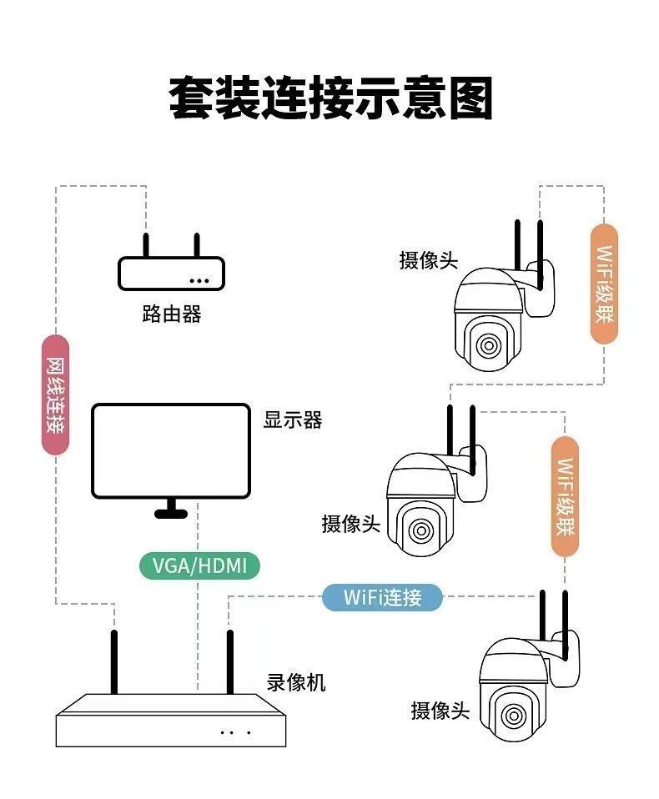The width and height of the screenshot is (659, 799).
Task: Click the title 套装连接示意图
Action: coord(330,98)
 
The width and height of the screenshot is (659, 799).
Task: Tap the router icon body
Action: coord(171,274)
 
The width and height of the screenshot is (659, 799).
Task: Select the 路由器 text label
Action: coord(171,314)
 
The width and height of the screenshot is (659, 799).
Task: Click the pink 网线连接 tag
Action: coord(55,394)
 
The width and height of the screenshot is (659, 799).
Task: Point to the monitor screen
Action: coord(171,450)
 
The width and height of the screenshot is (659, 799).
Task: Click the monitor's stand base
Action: coord(171,513)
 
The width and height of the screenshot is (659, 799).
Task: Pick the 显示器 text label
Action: coord(293,420)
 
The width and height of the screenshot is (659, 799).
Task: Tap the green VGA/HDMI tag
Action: coord(199,566)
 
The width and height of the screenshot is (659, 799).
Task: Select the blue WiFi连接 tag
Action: coord(382,597)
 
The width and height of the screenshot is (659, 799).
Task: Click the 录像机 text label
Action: coord(296,683)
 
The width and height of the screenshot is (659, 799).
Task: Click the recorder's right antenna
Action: coord(229,663)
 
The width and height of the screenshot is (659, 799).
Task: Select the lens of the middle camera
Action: coord(421,530)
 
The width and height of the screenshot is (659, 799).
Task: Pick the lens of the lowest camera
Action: coord(513,716)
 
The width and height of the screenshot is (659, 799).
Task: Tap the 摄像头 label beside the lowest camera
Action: coord(440,711)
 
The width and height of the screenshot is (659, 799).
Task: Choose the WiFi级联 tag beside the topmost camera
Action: coord(604,284)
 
